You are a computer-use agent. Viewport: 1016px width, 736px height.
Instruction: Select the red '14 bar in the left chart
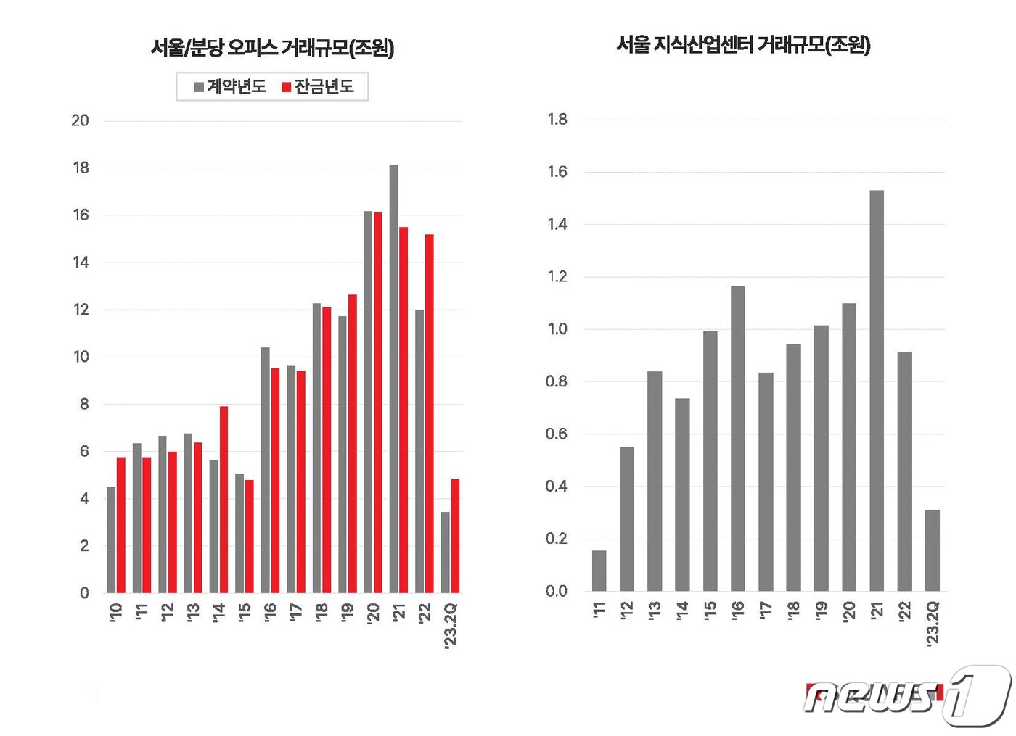pos(224,500)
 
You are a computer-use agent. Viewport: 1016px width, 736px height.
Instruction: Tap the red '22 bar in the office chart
pos(429,413)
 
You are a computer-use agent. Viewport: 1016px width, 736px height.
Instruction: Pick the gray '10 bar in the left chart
pos(111,539)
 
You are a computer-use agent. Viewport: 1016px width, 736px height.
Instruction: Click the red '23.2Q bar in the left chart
pos(455,536)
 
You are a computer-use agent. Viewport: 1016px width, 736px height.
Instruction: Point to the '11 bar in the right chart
pos(599,571)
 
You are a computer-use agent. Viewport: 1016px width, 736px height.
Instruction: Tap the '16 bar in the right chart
pos(738,439)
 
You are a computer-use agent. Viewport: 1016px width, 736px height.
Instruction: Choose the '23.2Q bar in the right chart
pos(933,550)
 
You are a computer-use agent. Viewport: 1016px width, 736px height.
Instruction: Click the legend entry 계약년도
pos(229,87)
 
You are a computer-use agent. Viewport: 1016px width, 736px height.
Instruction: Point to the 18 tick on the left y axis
pos(81,168)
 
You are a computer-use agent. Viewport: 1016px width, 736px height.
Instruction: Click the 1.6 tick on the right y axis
pos(557,172)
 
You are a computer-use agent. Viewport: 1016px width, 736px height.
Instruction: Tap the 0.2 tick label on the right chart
pos(557,539)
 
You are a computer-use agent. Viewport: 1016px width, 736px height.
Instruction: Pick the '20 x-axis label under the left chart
pos(373,613)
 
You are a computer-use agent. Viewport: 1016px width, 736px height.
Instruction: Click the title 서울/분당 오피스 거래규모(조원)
pos(272,48)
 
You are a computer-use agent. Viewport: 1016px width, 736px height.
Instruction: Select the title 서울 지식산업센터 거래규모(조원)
pos(743,45)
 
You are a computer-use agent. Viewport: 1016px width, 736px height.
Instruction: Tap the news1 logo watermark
pos(907,697)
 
